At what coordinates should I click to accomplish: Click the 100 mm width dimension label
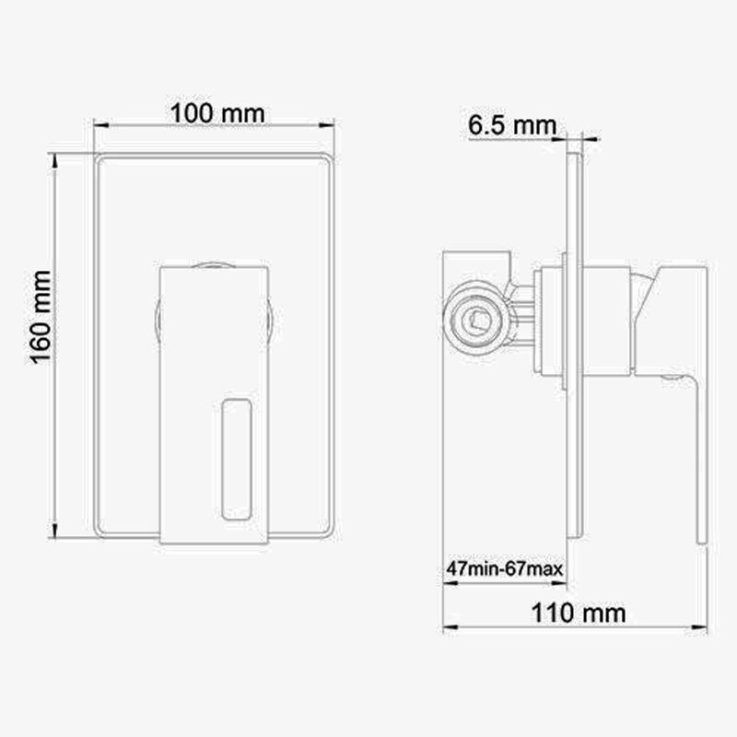pyautogui.click(x=217, y=113)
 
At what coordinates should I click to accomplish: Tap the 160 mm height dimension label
pyautogui.click(x=41, y=317)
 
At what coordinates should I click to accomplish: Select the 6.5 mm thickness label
pyautogui.click(x=512, y=125)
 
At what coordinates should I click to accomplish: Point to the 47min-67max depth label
pyautogui.click(x=504, y=569)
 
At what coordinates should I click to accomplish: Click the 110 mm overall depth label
pyautogui.click(x=579, y=613)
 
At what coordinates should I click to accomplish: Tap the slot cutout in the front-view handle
pyautogui.click(x=237, y=459)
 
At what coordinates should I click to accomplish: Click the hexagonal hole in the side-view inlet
pyautogui.click(x=477, y=321)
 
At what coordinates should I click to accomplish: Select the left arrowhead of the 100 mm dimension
pyautogui.click(x=101, y=125)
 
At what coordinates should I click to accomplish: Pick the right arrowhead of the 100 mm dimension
pyautogui.click(x=327, y=125)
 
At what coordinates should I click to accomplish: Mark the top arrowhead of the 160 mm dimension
pyautogui.click(x=55, y=160)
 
